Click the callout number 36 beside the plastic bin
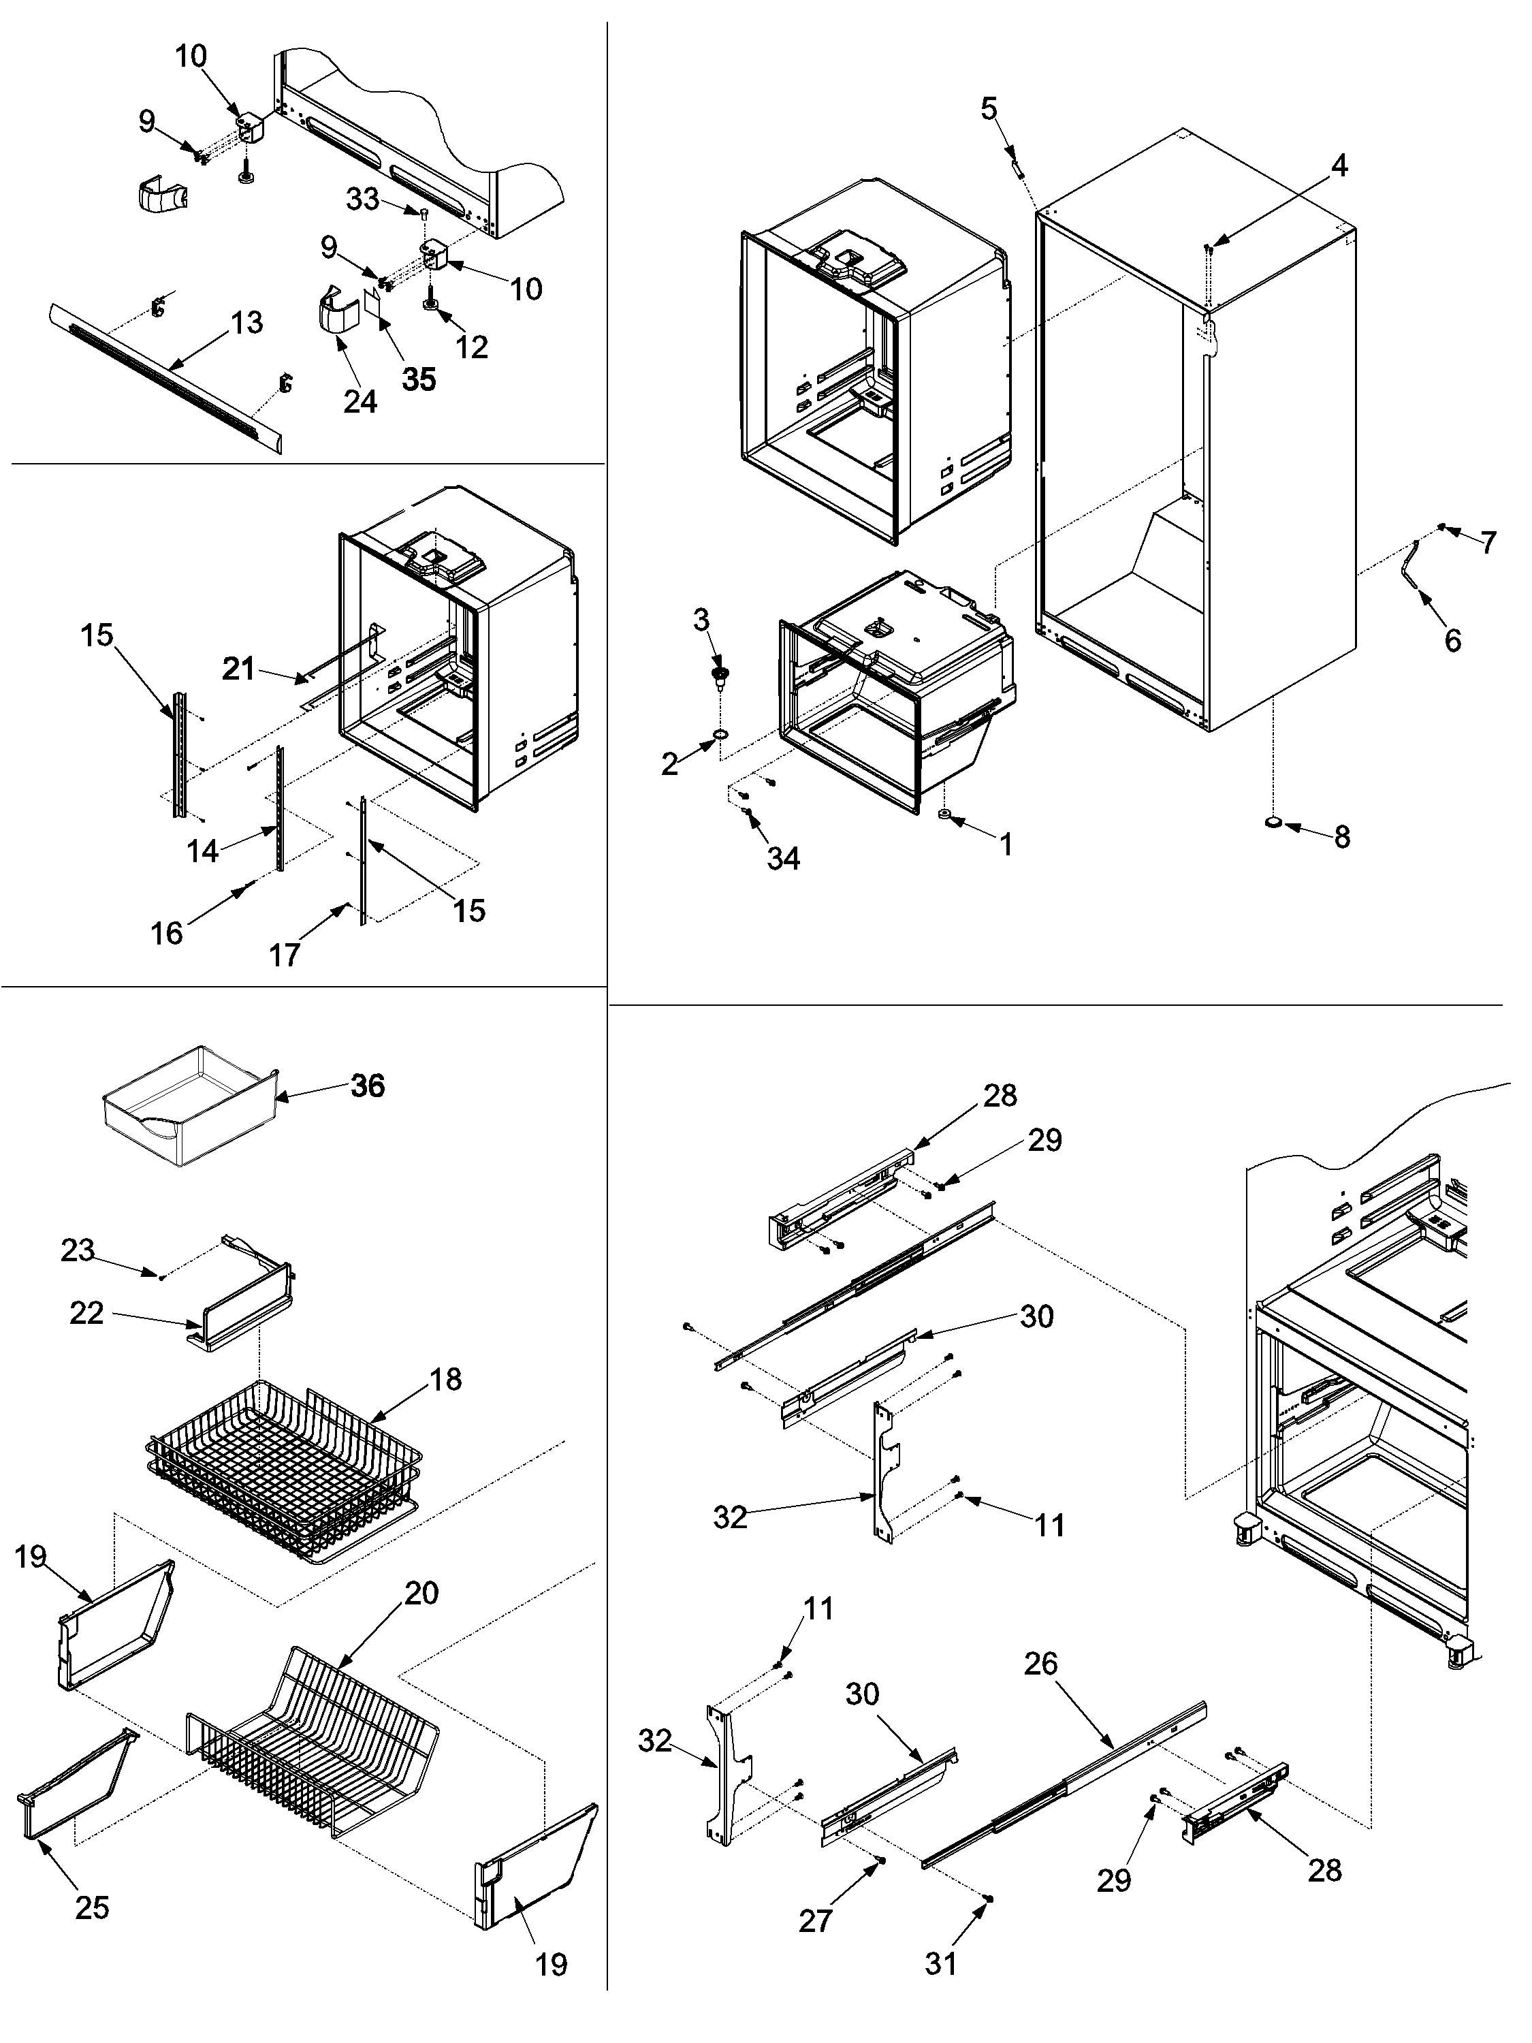pyautogui.click(x=368, y=1086)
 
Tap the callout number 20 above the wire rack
pyautogui.click(x=421, y=1594)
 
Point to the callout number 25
pyautogui.click(x=91, y=1907)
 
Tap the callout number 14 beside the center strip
pyautogui.click(x=203, y=851)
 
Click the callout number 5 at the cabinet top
pyautogui.click(x=989, y=109)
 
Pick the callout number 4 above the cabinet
pyautogui.click(x=1338, y=165)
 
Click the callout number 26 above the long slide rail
pyautogui.click(x=1040, y=1664)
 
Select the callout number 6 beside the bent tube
pyautogui.click(x=1452, y=640)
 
